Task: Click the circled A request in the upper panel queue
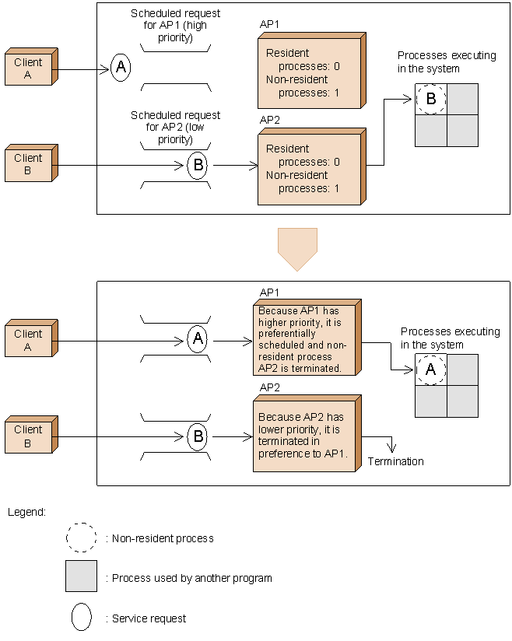tap(120, 68)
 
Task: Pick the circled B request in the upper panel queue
tap(198, 165)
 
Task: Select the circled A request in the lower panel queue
tap(198, 339)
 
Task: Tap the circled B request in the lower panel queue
tap(198, 436)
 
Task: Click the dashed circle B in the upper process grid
tap(430, 99)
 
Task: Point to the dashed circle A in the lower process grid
tap(430, 370)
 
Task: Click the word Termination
tap(396, 462)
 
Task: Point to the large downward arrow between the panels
tap(297, 248)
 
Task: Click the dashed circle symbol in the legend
tap(81, 538)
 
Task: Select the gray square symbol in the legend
tap(81, 576)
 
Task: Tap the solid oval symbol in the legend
tap(81, 617)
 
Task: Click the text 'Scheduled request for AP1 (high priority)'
tap(175, 25)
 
